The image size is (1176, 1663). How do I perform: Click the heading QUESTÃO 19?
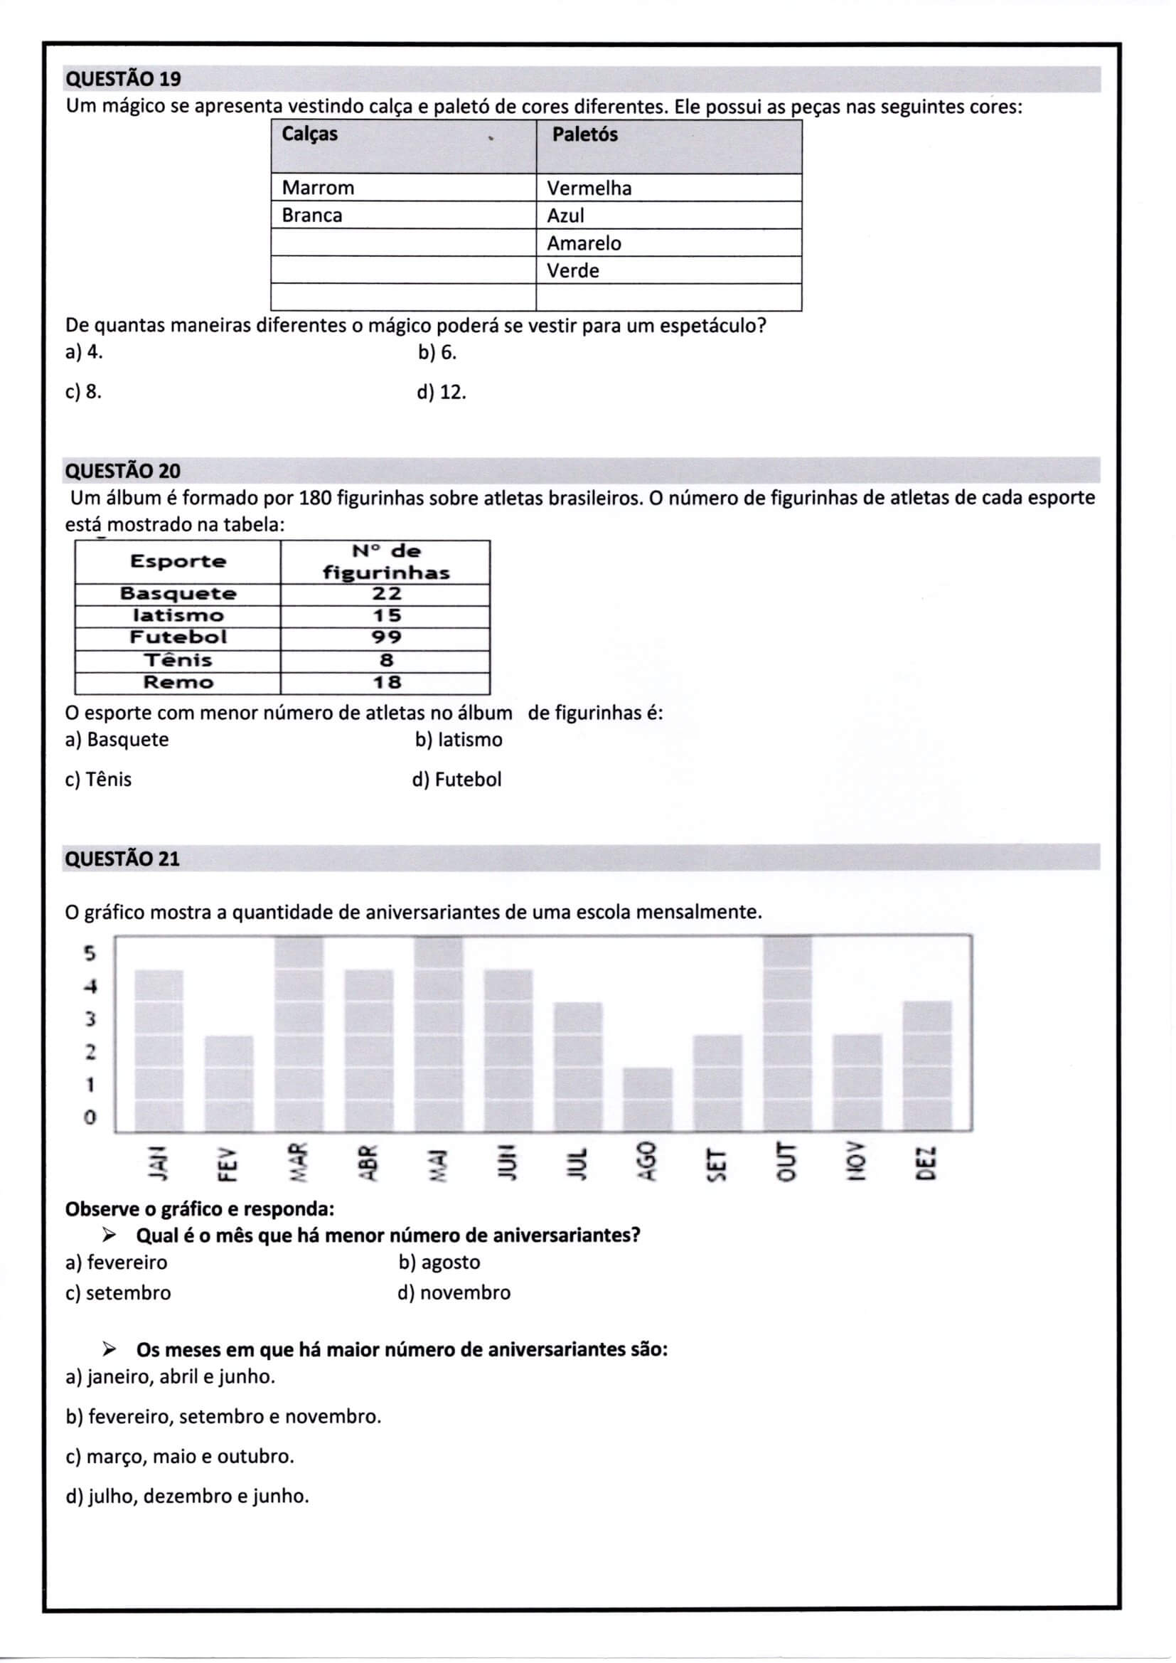pyautogui.click(x=123, y=79)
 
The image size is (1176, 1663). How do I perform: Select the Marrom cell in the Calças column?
pyautogui.click(x=318, y=188)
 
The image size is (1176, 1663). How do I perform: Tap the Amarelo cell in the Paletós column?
pyautogui.click(x=584, y=243)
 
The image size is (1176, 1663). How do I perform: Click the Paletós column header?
pyautogui.click(x=584, y=134)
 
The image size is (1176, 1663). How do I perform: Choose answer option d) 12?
pyautogui.click(x=441, y=393)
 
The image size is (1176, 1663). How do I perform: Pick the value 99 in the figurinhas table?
pyautogui.click(x=386, y=637)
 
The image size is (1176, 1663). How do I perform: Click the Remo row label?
pyautogui.click(x=178, y=682)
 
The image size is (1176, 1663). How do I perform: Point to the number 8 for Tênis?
pyautogui.click(x=386, y=660)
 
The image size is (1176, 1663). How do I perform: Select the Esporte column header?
pyautogui.click(x=178, y=561)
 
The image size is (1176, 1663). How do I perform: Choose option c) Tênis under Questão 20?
pyautogui.click(x=99, y=780)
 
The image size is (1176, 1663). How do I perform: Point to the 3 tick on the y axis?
pyautogui.click(x=90, y=1019)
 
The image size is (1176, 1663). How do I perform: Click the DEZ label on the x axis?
pyautogui.click(x=926, y=1162)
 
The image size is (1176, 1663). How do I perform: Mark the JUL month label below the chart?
pyautogui.click(x=577, y=1162)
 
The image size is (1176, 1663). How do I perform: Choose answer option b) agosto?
pyautogui.click(x=439, y=1263)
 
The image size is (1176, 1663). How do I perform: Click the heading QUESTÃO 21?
pyautogui.click(x=122, y=859)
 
